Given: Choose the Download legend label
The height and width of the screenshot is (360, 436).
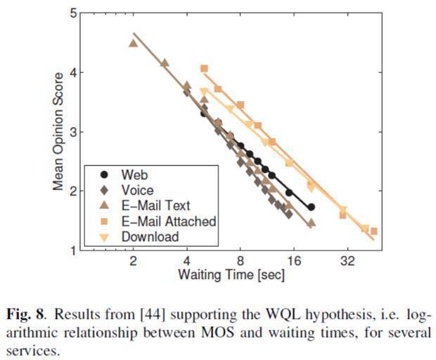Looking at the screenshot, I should click(150, 236).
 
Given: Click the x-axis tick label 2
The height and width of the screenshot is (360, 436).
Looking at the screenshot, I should click(133, 261).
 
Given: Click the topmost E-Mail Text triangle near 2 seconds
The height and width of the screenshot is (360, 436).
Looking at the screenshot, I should click(133, 43).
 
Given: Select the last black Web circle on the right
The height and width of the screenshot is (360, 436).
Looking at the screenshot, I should click(311, 207).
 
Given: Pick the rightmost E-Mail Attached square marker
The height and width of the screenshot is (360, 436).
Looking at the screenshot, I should click(374, 231).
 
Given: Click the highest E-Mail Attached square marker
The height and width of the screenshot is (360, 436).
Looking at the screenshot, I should click(204, 68).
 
